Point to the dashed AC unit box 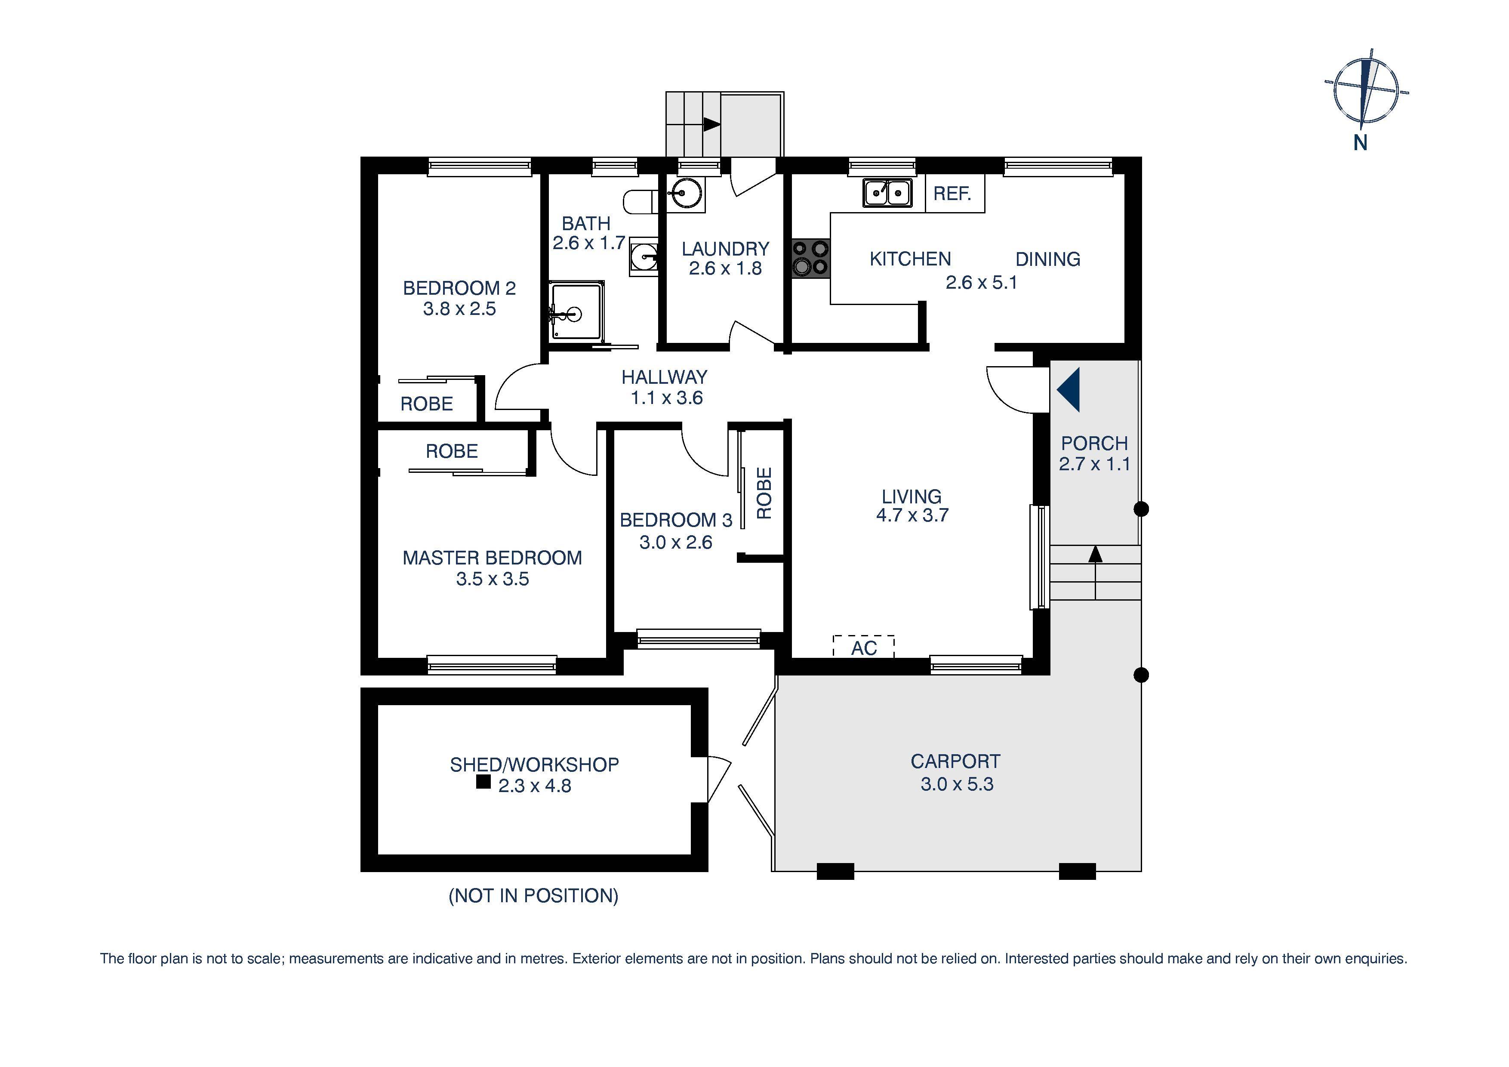(x=864, y=647)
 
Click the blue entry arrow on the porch (x=1069, y=390)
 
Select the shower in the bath (x=576, y=311)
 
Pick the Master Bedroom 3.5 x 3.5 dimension (x=492, y=579)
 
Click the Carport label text (x=955, y=761)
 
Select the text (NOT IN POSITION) (x=533, y=895)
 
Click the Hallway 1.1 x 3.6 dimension (x=666, y=398)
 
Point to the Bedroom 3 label (x=676, y=520)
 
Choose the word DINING (x=1047, y=259)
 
